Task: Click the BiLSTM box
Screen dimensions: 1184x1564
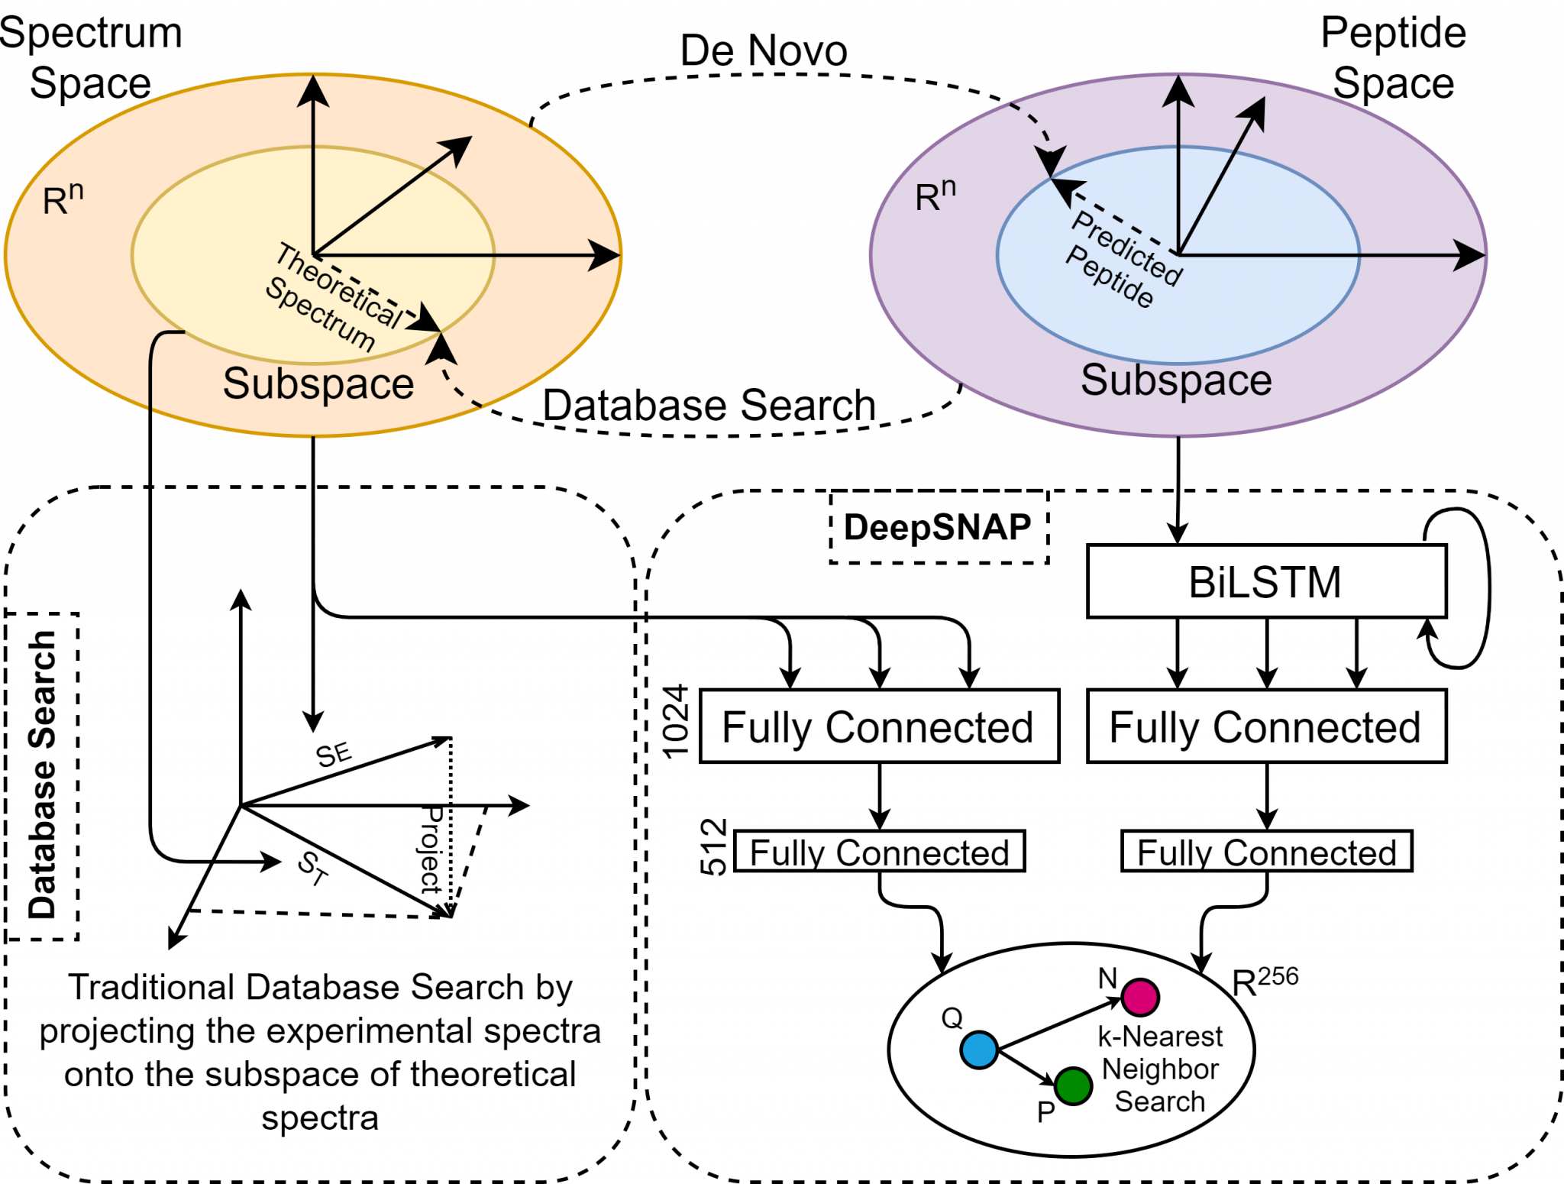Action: pyautogui.click(x=1266, y=581)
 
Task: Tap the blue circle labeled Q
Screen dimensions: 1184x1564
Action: pyautogui.click(x=979, y=1050)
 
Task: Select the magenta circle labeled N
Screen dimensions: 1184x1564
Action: pyautogui.click(x=1140, y=996)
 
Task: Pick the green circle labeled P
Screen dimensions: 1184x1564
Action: pyautogui.click(x=1074, y=1085)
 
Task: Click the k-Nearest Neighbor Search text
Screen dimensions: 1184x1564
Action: pyautogui.click(x=1160, y=1069)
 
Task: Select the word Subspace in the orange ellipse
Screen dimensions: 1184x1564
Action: pyautogui.click(x=318, y=383)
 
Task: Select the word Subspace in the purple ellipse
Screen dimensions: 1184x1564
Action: pyautogui.click(x=1176, y=380)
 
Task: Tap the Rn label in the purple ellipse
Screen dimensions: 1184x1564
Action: pyautogui.click(x=935, y=196)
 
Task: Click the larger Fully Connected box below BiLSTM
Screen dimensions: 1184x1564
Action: pyautogui.click(x=1266, y=726)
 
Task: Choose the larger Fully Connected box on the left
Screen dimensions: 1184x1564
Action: pyautogui.click(x=879, y=726)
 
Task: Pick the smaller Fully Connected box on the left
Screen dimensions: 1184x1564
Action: pyautogui.click(x=879, y=852)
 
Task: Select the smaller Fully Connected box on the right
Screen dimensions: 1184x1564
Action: pyautogui.click(x=1266, y=852)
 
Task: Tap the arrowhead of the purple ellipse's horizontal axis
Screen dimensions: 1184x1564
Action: pyautogui.click(x=1469, y=255)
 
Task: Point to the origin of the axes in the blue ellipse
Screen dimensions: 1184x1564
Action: pyautogui.click(x=1179, y=255)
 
